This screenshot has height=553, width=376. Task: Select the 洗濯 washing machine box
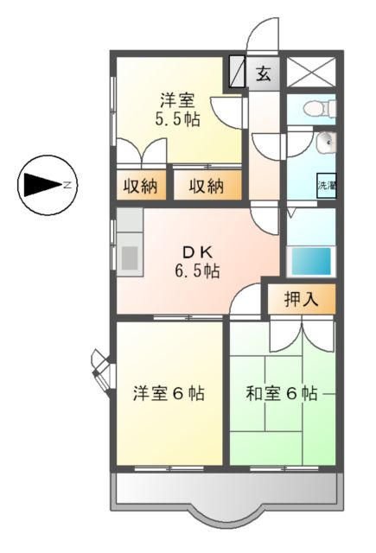(326, 185)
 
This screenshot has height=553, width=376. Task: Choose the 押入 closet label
(302, 300)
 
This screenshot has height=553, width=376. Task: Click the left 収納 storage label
(138, 185)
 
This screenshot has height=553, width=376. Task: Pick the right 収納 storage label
(207, 185)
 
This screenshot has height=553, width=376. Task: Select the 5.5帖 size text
(177, 120)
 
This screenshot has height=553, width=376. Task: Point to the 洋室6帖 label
(169, 394)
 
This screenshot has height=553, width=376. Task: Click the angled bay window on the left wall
(101, 367)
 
